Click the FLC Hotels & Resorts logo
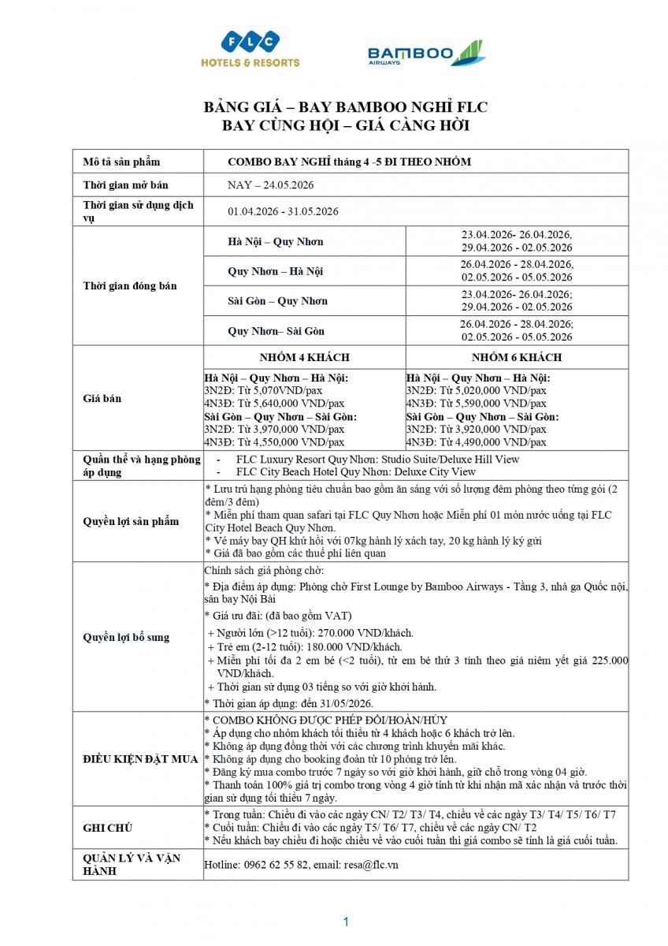click(250, 49)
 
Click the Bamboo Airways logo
click(426, 54)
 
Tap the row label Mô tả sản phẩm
click(121, 162)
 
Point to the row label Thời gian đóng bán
click(130, 285)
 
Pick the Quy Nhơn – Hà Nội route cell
click(276, 271)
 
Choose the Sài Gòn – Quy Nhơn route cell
click(277, 301)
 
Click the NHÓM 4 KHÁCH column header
click(304, 357)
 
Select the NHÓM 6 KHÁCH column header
click(518, 357)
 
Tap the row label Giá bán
click(102, 399)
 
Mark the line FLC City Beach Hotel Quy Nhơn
click(355, 471)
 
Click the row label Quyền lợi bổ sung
click(126, 637)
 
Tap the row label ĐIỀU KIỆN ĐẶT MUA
click(141, 758)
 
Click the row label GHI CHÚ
click(108, 828)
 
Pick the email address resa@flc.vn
click(371, 865)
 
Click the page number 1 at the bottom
click(345, 922)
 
